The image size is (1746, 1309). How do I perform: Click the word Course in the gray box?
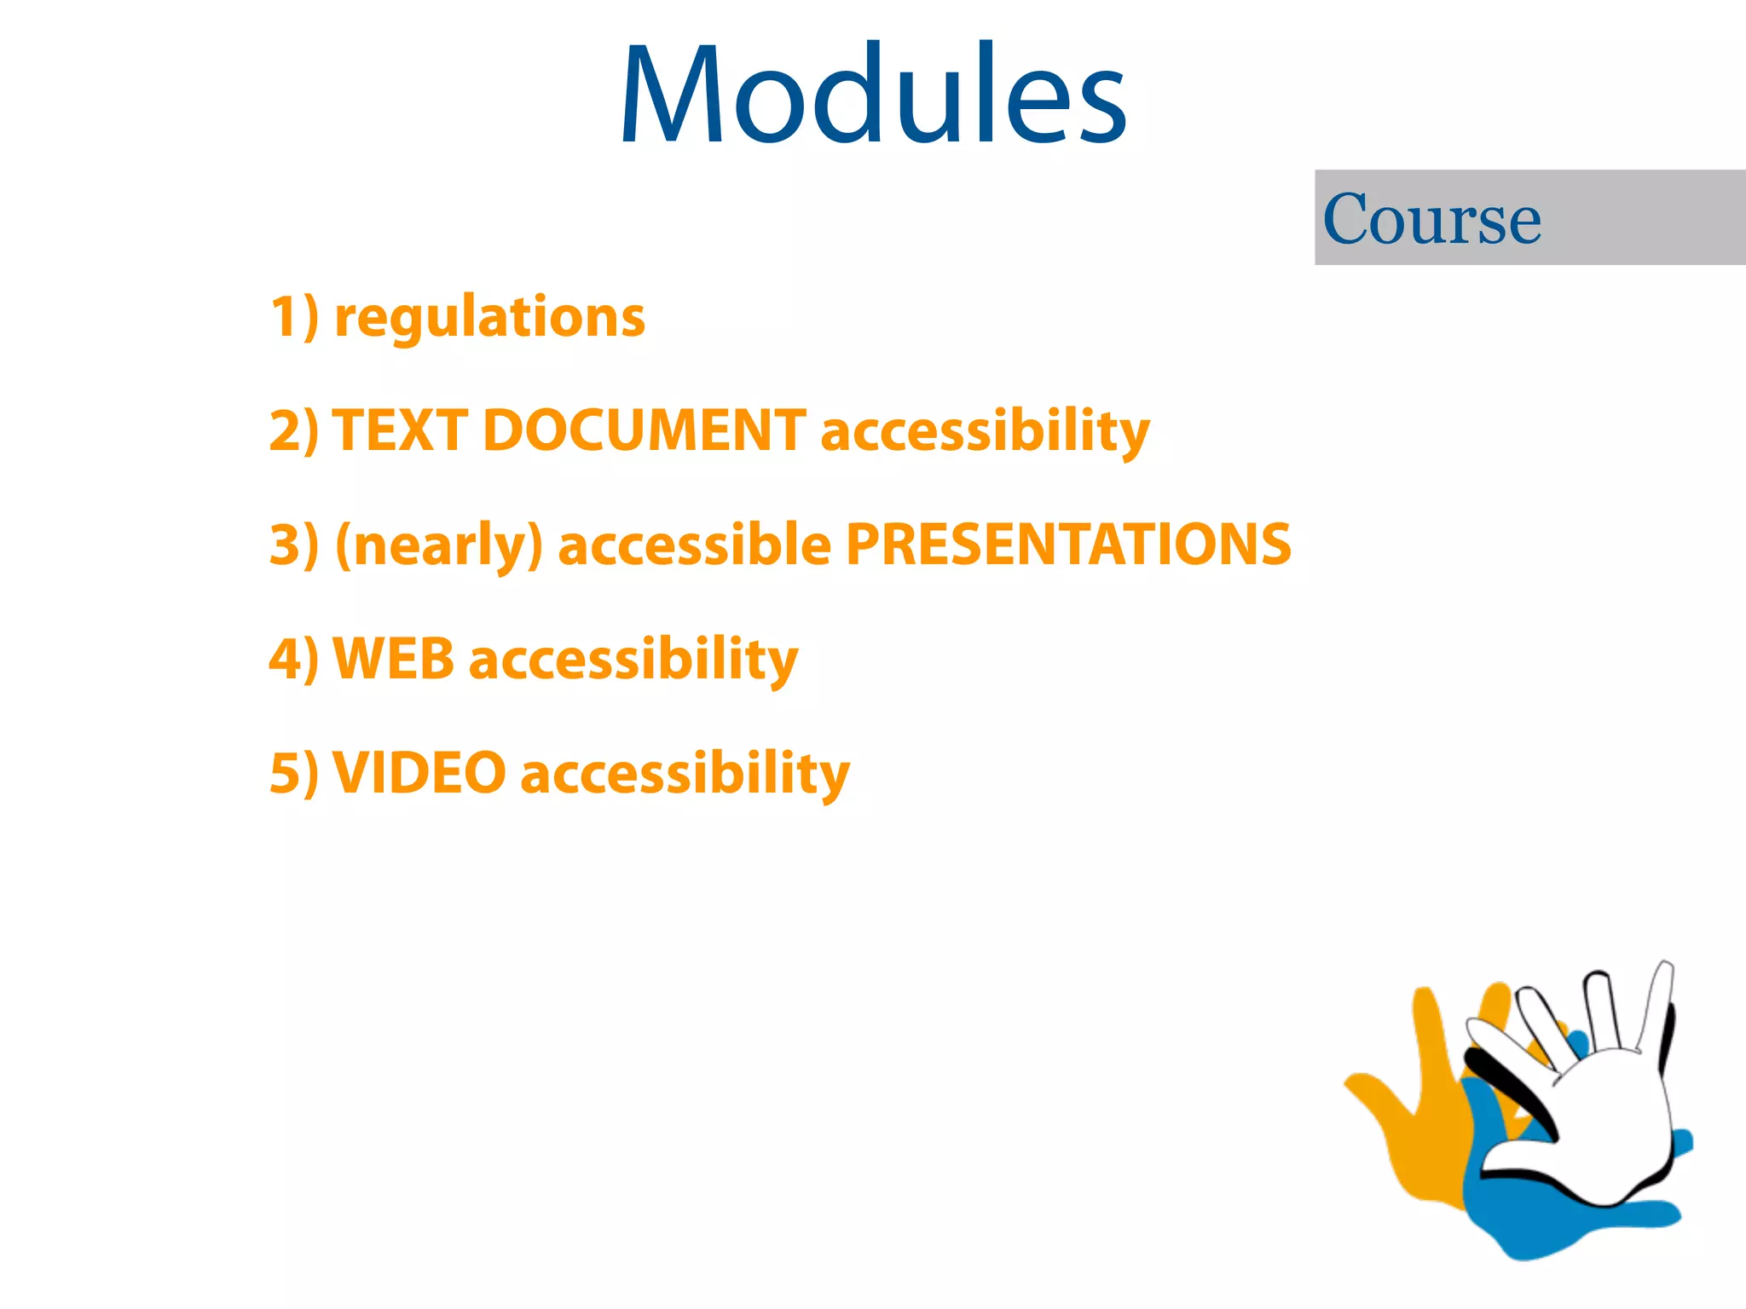(x=1432, y=219)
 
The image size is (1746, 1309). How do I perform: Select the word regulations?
(x=490, y=317)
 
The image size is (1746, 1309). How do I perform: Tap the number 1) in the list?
(x=294, y=317)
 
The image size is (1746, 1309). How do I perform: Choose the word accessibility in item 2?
(x=985, y=431)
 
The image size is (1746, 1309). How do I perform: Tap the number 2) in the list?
(x=294, y=430)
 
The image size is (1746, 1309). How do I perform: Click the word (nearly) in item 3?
(x=439, y=545)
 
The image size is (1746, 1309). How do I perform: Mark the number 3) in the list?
(x=294, y=545)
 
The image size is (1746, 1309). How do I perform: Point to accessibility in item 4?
(x=633, y=660)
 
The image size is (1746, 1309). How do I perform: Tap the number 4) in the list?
(x=294, y=659)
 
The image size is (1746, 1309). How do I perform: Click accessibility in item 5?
(x=685, y=774)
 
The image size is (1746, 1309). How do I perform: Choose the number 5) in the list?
(x=294, y=773)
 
